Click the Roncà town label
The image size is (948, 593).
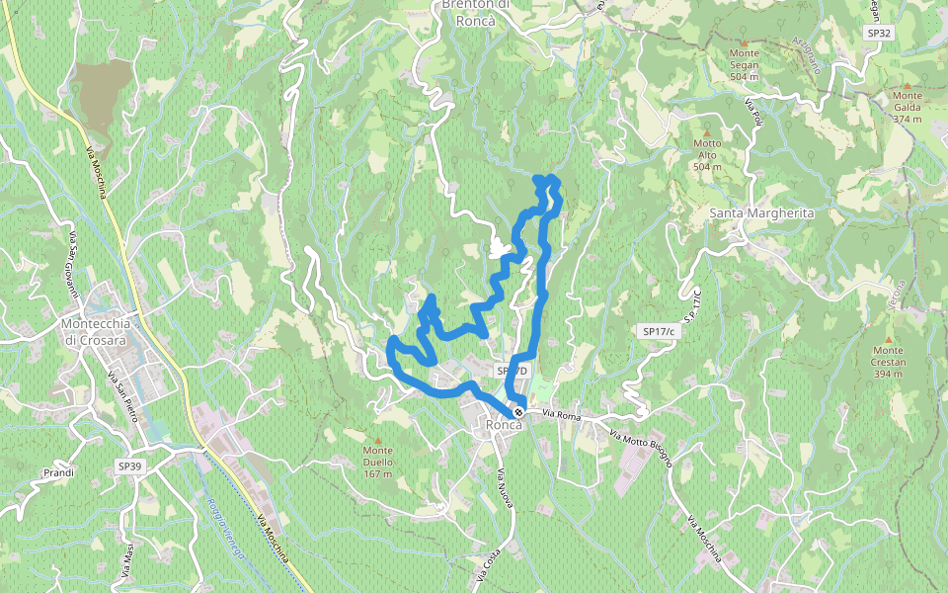coord(504,425)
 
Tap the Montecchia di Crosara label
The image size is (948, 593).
coord(96,332)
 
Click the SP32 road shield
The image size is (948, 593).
coord(878,33)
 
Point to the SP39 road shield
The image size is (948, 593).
coord(130,466)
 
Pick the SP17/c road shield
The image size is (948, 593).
coord(658,331)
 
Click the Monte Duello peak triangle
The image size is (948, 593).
coord(377,440)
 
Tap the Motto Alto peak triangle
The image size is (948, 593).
coord(707,131)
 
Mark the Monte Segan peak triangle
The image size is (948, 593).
coord(744,42)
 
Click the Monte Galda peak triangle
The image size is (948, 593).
coord(907,86)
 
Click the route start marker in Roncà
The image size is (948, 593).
coord(518,411)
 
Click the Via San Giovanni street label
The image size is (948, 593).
coord(73,266)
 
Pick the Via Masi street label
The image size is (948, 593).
coord(128,559)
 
